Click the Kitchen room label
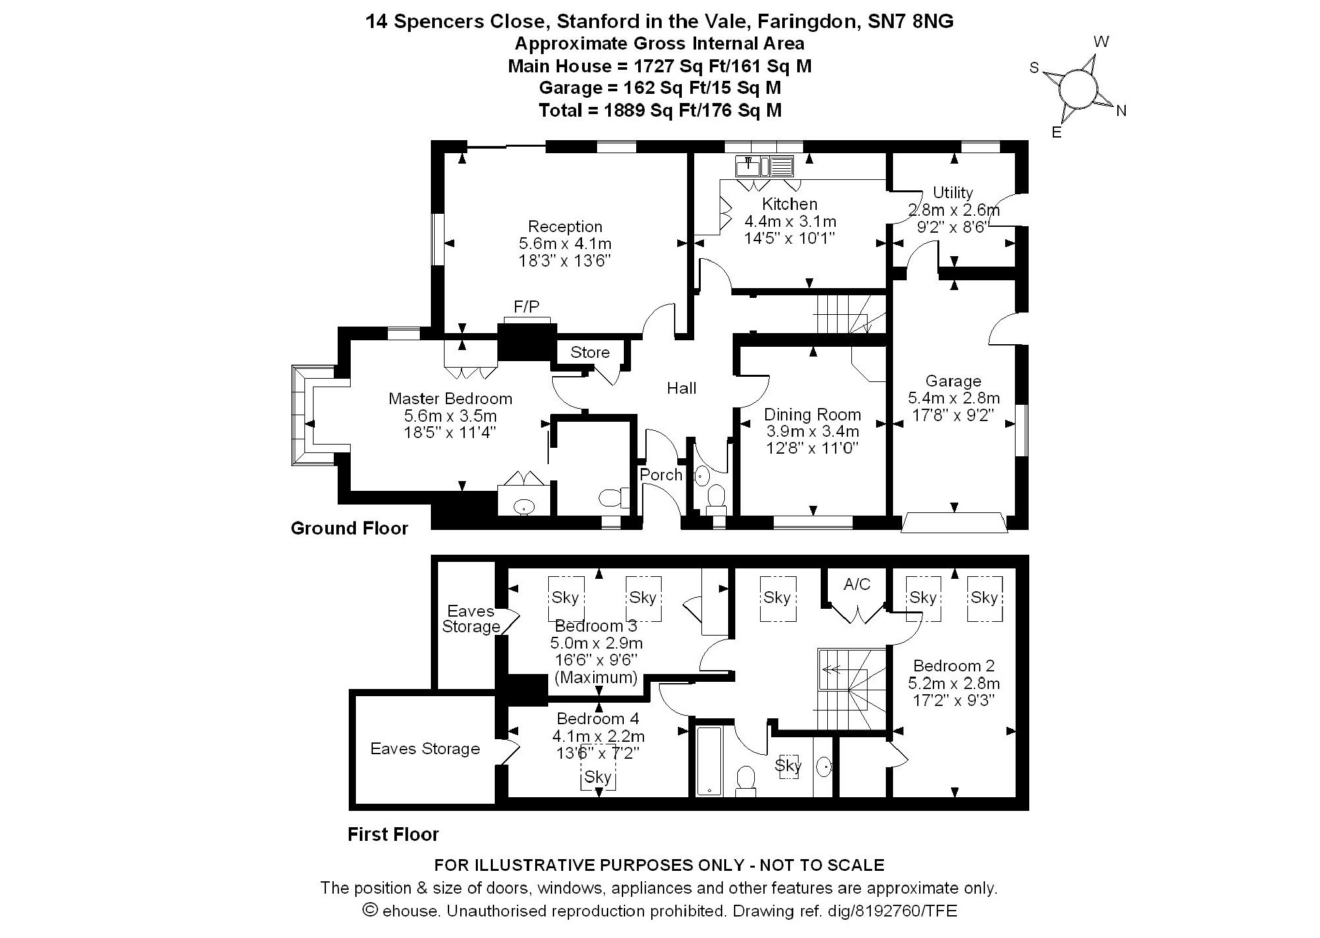point(789,204)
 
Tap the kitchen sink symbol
point(764,167)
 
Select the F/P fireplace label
point(527,306)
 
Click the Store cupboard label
point(590,353)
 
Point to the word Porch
point(661,475)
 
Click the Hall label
point(681,388)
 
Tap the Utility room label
point(952,193)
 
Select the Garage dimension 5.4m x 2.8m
point(953,398)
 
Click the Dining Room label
point(812,415)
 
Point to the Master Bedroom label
point(450,399)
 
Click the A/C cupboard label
point(857,585)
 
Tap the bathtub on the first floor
point(709,761)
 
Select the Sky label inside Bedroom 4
point(598,777)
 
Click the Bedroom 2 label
point(954,666)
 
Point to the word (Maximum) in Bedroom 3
point(596,677)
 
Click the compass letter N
point(1121,111)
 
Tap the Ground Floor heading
point(349,528)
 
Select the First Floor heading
point(393,834)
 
